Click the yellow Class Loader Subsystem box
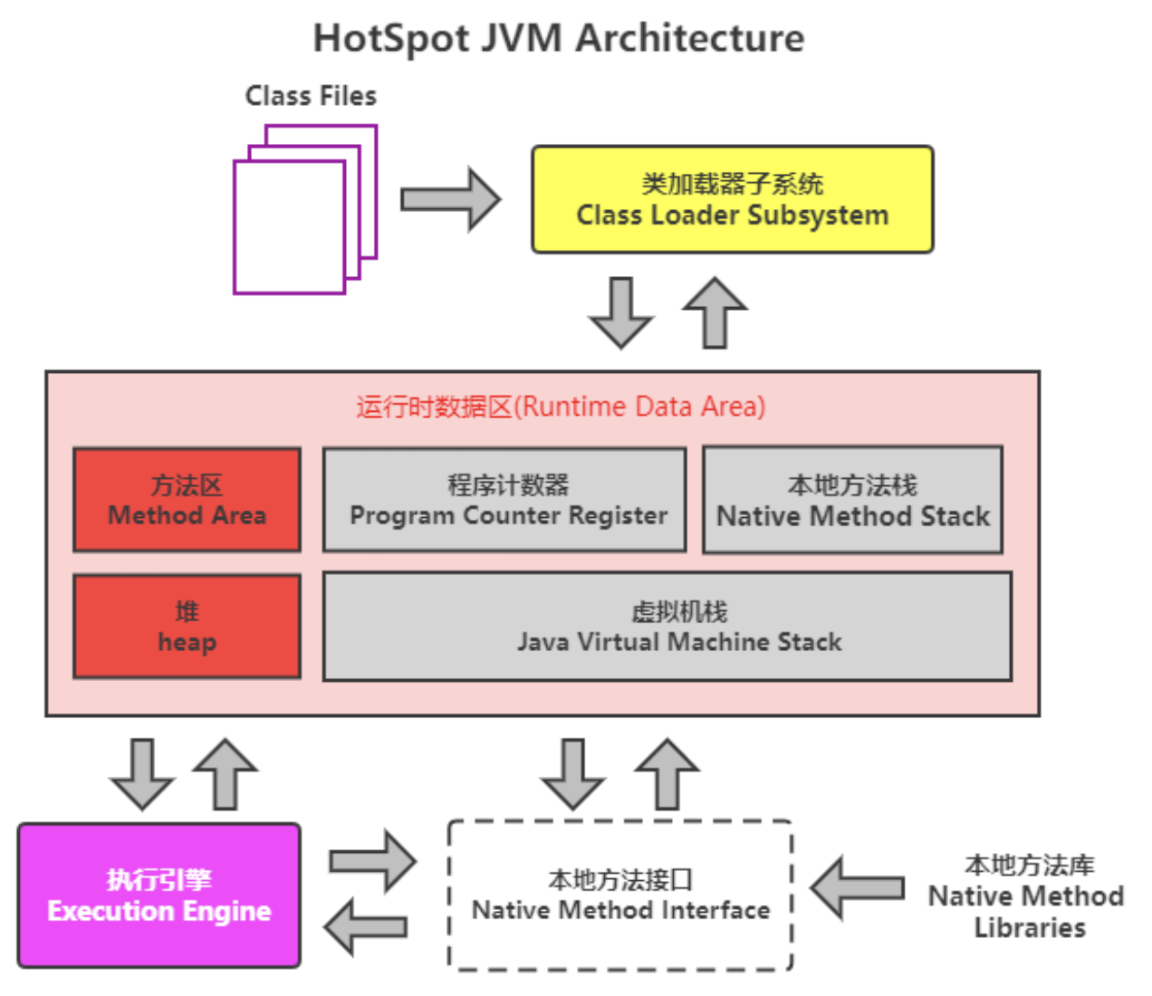[732, 199]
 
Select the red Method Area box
[187, 500]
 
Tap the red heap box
[187, 627]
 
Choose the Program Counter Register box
[504, 500]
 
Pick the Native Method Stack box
[852, 500]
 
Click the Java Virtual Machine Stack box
[667, 627]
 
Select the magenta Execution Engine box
[159, 895]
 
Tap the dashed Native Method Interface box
[620, 895]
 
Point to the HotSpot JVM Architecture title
[558, 39]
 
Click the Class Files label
[311, 96]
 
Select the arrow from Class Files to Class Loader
[450, 199]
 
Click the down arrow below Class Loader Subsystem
[621, 312]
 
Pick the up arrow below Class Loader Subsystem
[715, 312]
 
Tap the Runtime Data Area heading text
[561, 407]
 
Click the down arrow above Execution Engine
[142, 773]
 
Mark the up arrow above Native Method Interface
[667, 773]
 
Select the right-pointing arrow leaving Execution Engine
[371, 860]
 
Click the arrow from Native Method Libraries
[858, 887]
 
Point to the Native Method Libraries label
[1027, 896]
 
